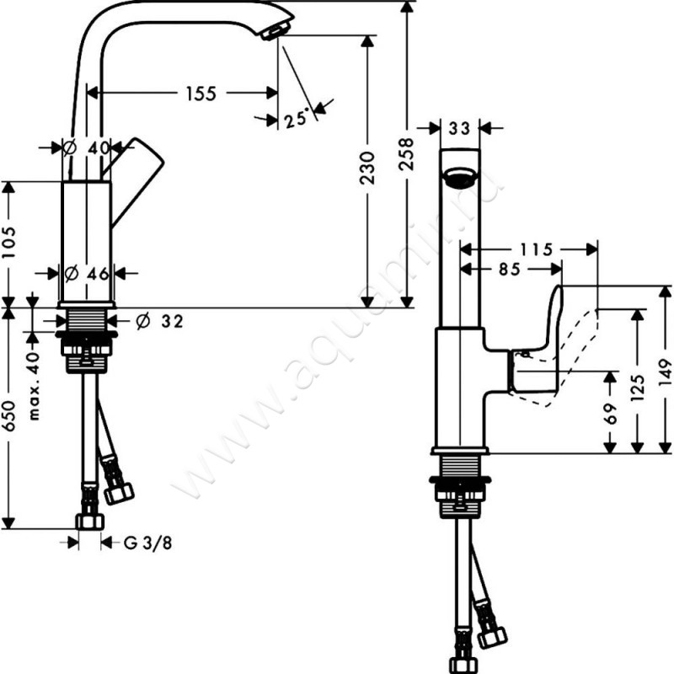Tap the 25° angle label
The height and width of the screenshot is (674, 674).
coord(295,120)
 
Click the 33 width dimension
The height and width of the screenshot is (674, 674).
coord(459,128)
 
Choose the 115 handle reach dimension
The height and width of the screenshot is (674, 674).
coord(536,249)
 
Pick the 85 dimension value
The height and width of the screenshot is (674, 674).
coord(509,270)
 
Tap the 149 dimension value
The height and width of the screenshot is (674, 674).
coord(666,368)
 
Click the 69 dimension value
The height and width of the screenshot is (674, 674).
coord(610,412)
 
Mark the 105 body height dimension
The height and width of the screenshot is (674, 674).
coord(8,243)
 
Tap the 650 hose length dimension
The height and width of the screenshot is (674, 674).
coord(8,415)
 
